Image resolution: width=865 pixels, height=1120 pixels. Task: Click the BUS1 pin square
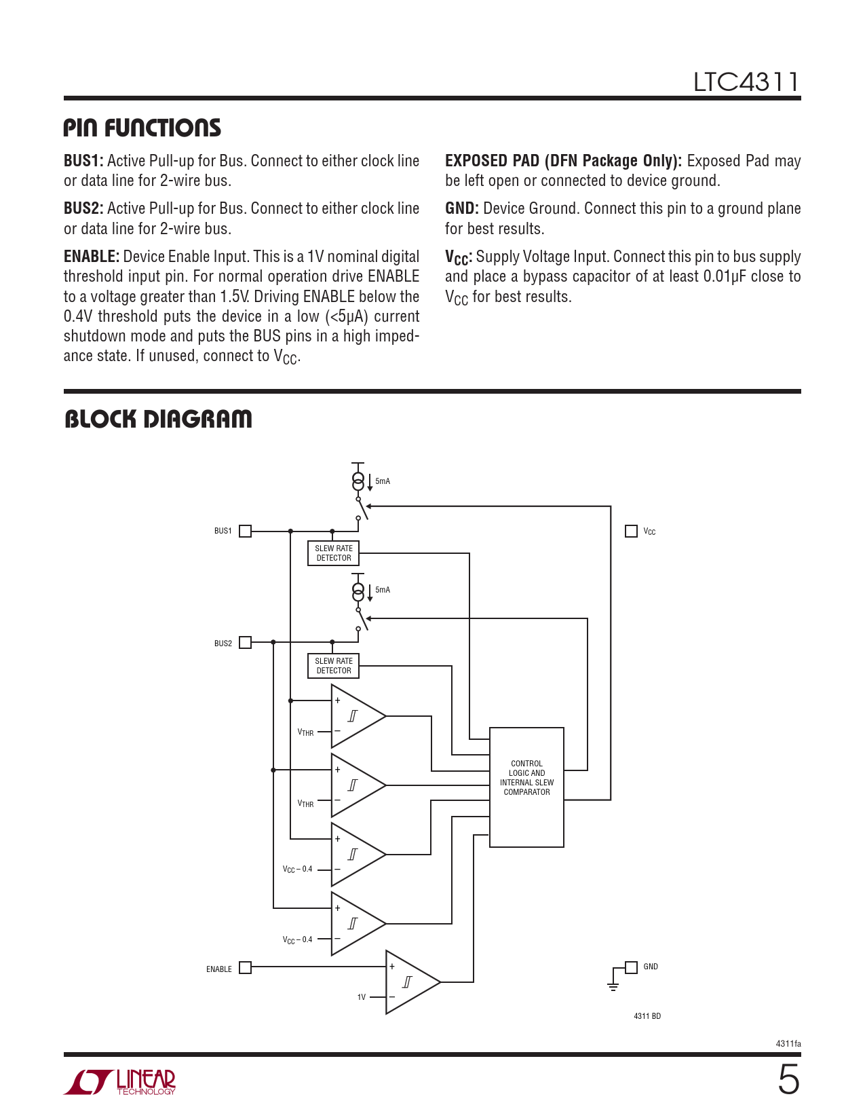pyautogui.click(x=246, y=531)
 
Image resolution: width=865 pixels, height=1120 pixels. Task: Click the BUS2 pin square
pyautogui.click(x=246, y=642)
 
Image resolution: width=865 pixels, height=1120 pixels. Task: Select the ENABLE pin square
pyautogui.click(x=246, y=967)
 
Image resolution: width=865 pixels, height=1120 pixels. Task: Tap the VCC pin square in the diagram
pyautogui.click(x=631, y=531)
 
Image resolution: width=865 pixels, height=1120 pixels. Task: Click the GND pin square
pyautogui.click(x=631, y=967)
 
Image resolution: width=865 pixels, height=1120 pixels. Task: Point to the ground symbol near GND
pyautogui.click(x=613, y=986)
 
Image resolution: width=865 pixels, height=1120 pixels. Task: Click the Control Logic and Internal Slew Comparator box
pyautogui.click(x=526, y=787)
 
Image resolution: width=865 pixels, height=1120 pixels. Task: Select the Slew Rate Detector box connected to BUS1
pyautogui.click(x=333, y=553)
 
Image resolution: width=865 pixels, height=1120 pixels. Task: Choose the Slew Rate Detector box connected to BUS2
pyautogui.click(x=333, y=666)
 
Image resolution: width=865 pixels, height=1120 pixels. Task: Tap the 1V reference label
pyautogui.click(x=362, y=997)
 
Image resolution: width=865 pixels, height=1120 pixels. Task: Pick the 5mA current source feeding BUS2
pyautogui.click(x=358, y=591)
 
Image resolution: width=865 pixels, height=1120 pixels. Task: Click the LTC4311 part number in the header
pyautogui.click(x=746, y=82)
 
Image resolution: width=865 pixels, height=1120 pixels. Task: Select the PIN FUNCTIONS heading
pyautogui.click(x=142, y=128)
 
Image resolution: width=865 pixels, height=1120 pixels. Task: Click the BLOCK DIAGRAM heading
pyautogui.click(x=158, y=419)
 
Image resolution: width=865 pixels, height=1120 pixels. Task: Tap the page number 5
pyautogui.click(x=788, y=1080)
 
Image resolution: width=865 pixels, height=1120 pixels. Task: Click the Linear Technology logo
pyautogui.click(x=120, y=1082)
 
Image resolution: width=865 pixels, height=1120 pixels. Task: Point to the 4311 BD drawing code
pyautogui.click(x=647, y=1016)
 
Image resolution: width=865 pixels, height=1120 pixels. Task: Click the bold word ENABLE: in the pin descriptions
pyautogui.click(x=92, y=257)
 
